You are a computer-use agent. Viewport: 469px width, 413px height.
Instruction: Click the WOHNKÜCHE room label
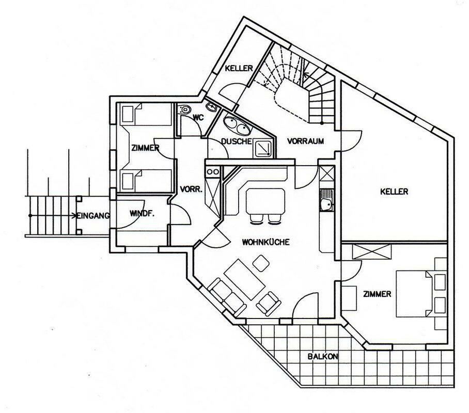pyautogui.click(x=265, y=242)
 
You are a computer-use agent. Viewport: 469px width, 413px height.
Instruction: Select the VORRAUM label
pyautogui.click(x=305, y=141)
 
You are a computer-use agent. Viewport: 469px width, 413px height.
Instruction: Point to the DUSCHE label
pyautogui.click(x=236, y=141)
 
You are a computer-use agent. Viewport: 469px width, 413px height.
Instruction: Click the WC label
pyautogui.click(x=198, y=118)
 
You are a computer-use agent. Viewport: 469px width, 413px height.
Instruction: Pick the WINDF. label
pyautogui.click(x=142, y=214)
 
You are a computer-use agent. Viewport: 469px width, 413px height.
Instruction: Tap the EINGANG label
pyautogui.click(x=93, y=216)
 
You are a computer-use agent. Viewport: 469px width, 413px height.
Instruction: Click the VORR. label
pyautogui.click(x=192, y=189)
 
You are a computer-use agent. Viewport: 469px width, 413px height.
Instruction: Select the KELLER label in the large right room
pyautogui.click(x=394, y=192)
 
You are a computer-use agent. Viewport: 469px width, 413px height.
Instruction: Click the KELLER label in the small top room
pyautogui.click(x=239, y=68)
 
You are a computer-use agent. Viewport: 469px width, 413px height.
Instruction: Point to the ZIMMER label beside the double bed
pyautogui.click(x=377, y=294)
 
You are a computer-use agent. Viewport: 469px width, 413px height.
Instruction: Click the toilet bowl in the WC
pyautogui.click(x=184, y=109)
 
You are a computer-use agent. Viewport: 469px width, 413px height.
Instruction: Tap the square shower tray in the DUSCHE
pyautogui.click(x=263, y=148)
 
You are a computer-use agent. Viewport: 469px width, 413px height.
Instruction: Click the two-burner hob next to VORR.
pyautogui.click(x=212, y=172)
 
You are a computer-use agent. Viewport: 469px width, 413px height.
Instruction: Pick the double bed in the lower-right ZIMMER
pyautogui.click(x=414, y=294)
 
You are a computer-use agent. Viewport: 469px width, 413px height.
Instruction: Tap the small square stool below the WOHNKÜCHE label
pyautogui.click(x=261, y=263)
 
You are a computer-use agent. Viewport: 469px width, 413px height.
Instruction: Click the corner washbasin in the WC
pyautogui.click(x=212, y=106)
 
